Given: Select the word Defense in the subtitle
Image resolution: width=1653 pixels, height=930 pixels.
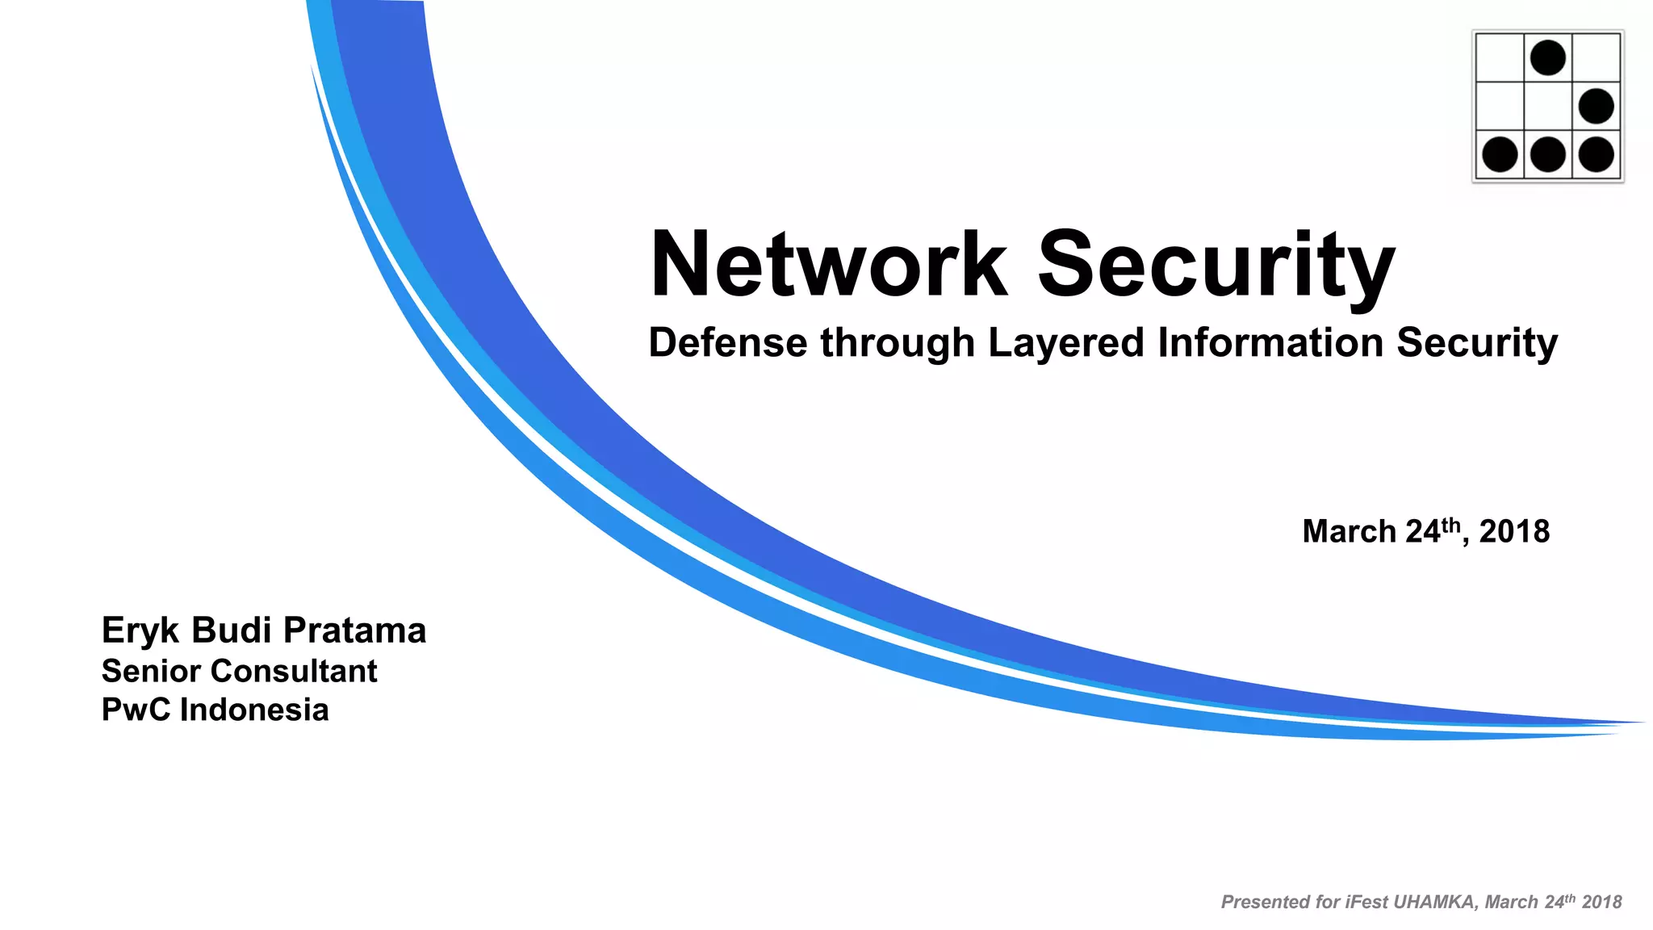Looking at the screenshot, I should (x=727, y=342).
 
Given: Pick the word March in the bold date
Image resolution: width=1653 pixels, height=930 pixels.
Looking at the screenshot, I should (x=1349, y=532).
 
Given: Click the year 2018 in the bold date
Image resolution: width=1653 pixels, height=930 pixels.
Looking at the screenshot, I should (x=1514, y=532).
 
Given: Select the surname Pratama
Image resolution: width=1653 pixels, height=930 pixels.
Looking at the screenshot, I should (x=354, y=630).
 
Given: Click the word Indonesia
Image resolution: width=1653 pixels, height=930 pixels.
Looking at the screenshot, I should (x=254, y=710).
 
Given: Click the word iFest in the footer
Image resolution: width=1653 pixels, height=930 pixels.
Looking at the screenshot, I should (x=1367, y=903).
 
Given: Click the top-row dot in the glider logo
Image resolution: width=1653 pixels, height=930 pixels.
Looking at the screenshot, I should (x=1548, y=58).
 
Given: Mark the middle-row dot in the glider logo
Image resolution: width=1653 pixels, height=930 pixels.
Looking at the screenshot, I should (x=1596, y=107).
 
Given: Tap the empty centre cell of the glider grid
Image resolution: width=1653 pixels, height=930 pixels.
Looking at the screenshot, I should (x=1548, y=107).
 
